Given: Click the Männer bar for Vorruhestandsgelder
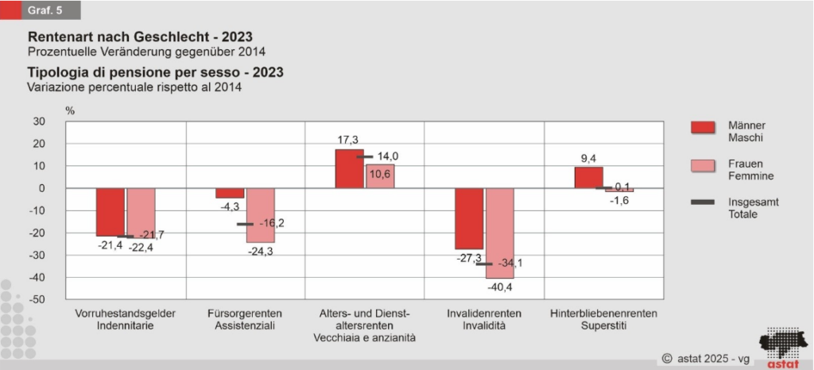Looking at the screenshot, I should pyautogui.click(x=110, y=212).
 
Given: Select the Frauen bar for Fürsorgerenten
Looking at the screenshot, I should pyautogui.click(x=261, y=215).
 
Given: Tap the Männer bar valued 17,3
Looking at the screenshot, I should pyautogui.click(x=349, y=168).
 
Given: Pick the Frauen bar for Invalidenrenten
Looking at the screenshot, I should pyautogui.click(x=500, y=233).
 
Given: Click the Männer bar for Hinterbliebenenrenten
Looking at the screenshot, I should pyautogui.click(x=588, y=177).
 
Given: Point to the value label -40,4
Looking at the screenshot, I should pyautogui.click(x=500, y=287).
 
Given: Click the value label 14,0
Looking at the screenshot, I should pyautogui.click(x=387, y=156).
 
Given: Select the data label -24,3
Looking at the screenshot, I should pyautogui.click(x=261, y=252).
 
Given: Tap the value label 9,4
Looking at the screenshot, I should pyautogui.click(x=588, y=157).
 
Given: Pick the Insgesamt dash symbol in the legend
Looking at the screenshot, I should pyautogui.click(x=704, y=203).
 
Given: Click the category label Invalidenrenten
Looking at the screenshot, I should pyautogui.click(x=484, y=313).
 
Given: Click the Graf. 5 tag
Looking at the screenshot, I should pyautogui.click(x=48, y=10).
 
